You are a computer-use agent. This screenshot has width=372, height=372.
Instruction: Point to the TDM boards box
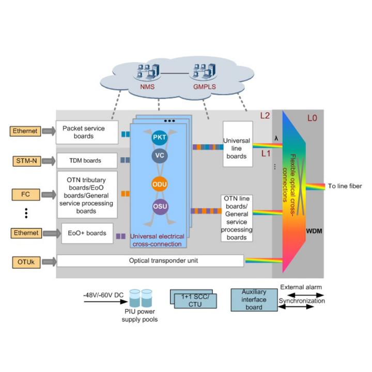pos(86,161)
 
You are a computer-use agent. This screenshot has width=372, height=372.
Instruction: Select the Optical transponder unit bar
pos(149,261)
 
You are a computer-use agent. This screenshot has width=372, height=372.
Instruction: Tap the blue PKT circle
pos(160,138)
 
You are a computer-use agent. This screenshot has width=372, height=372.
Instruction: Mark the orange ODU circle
pos(160,184)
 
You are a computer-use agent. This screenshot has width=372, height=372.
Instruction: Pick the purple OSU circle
pos(160,207)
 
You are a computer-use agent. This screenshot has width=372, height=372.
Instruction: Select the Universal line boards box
pos(237,144)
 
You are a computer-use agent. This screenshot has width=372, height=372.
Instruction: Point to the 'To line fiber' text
pos(345,187)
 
